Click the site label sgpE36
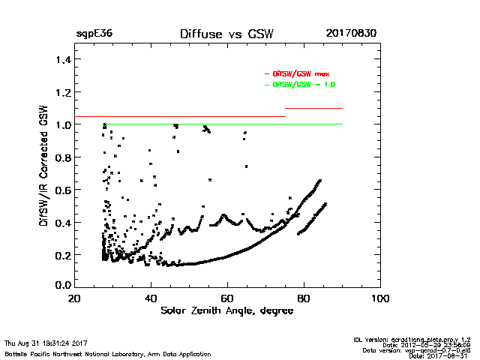pyautogui.click(x=91, y=34)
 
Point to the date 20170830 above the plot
pyautogui.click(x=351, y=34)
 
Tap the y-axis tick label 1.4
pyautogui.click(x=62, y=59)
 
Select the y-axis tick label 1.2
pyautogui.click(x=62, y=92)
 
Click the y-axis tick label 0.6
pyautogui.click(x=62, y=189)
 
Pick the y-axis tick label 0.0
pyautogui.click(x=62, y=286)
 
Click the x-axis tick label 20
pyautogui.click(x=73, y=298)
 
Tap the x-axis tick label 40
pyautogui.click(x=150, y=298)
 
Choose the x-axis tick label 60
pyautogui.click(x=227, y=298)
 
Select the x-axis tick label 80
pyautogui.click(x=304, y=298)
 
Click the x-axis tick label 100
pyautogui.click(x=380, y=298)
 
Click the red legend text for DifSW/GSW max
pyautogui.click(x=300, y=74)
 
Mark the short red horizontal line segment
pyautogui.click(x=313, y=109)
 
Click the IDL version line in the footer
pyautogui.click(x=412, y=340)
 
